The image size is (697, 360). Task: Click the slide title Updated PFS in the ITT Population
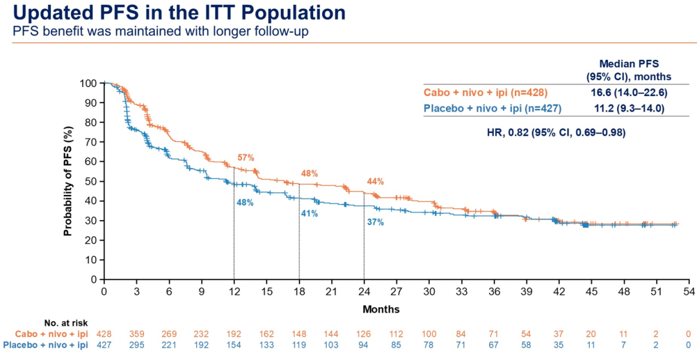[x=174, y=12]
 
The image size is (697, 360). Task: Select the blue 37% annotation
[x=376, y=222]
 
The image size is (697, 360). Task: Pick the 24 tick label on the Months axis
[x=364, y=292]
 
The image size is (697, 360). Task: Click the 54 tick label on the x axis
[x=689, y=292]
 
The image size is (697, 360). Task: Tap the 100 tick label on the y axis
[x=88, y=83]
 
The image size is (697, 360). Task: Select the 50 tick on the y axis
[x=91, y=181]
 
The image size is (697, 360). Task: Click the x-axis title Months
[x=381, y=309]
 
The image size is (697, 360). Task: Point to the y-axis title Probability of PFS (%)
[x=67, y=181]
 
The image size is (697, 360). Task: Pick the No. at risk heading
[x=66, y=323]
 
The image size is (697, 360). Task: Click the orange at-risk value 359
[x=136, y=334]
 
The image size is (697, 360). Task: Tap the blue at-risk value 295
[x=136, y=345]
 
